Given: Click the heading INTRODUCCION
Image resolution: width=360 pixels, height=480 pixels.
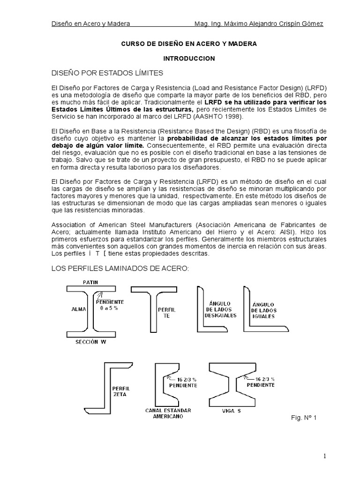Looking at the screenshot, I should tap(188, 59).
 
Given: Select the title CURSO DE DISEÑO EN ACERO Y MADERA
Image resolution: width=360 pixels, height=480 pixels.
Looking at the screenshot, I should tap(189, 44).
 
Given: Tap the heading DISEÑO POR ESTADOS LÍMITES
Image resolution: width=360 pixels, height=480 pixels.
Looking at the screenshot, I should tap(107, 73).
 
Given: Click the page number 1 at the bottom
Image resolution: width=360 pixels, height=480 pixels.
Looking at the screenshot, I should tap(324, 456).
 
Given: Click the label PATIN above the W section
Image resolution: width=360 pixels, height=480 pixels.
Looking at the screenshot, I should tap(90, 283).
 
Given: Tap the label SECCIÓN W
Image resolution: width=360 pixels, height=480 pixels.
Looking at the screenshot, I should tap(91, 342).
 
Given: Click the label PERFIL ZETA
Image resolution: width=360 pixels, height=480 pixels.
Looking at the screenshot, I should tap(121, 391).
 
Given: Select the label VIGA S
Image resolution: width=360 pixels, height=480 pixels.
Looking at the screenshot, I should tap(231, 411).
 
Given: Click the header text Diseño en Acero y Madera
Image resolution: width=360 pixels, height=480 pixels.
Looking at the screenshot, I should tap(90, 23).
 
